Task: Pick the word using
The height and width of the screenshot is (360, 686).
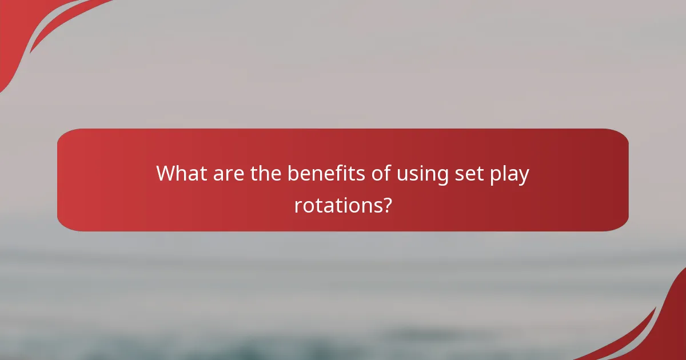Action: point(420,174)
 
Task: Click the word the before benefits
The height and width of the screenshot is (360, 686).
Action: point(266,173)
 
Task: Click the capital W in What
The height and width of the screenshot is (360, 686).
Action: point(167,173)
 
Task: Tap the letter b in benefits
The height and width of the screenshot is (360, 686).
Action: point(293,173)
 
